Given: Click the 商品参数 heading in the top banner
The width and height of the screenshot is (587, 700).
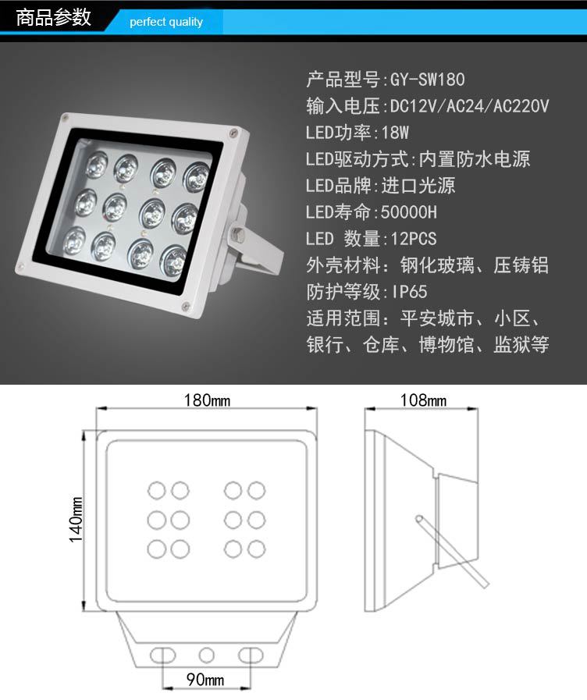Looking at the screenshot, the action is pyautogui.click(x=54, y=18).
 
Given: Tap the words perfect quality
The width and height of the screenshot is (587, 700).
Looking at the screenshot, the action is pyautogui.click(x=166, y=22).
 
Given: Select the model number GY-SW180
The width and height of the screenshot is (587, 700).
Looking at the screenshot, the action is pyautogui.click(x=427, y=80).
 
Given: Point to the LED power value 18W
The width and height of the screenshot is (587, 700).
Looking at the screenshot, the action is pyautogui.click(x=395, y=133).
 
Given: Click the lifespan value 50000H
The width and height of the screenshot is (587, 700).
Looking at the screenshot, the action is pyautogui.click(x=408, y=212).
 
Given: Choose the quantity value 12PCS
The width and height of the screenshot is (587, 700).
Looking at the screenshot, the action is pyautogui.click(x=414, y=239).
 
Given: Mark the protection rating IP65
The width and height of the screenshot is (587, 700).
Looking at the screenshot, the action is pyautogui.click(x=409, y=292).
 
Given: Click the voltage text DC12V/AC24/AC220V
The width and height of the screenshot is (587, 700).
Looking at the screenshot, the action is pyautogui.click(x=469, y=106).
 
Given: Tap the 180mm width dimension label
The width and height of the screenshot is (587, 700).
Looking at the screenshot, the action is pyautogui.click(x=207, y=400).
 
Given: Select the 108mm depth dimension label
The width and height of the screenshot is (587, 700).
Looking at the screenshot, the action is pyautogui.click(x=423, y=400).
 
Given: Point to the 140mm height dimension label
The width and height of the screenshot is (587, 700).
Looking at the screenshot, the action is pyautogui.click(x=76, y=520).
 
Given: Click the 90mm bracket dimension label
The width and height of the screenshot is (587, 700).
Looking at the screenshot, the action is pyautogui.click(x=205, y=680).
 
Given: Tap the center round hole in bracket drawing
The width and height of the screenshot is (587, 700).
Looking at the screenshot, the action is pyautogui.click(x=206, y=656).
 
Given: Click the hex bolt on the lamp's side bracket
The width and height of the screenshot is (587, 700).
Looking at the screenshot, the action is pyautogui.click(x=237, y=234).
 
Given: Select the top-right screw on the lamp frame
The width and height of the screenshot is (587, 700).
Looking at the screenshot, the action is pyautogui.click(x=233, y=133).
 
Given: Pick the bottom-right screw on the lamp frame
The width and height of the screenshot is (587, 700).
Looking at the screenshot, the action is pyautogui.click(x=186, y=306).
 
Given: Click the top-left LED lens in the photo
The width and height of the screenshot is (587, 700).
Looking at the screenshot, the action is pyautogui.click(x=97, y=163).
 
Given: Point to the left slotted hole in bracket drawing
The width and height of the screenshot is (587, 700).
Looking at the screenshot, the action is pyautogui.click(x=163, y=656).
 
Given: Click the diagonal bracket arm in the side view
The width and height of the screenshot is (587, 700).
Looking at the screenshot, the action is pyautogui.click(x=452, y=552).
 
